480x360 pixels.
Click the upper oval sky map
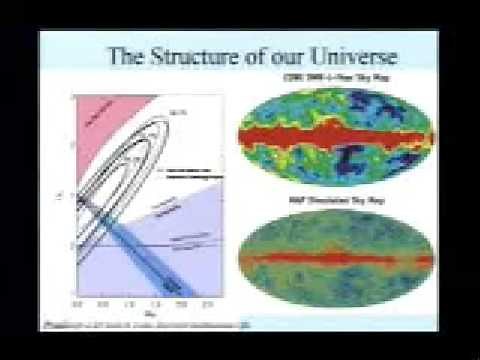[331, 140]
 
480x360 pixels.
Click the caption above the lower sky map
[331, 203]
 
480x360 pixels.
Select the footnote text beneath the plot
[140, 324]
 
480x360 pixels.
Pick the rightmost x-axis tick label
[205, 301]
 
